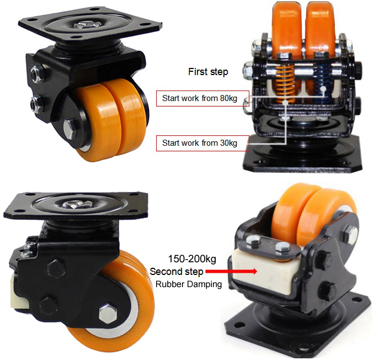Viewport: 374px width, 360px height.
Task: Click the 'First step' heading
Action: tap(208, 72)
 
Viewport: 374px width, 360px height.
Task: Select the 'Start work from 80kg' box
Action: tap(203, 98)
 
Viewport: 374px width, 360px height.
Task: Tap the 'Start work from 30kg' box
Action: tap(203, 143)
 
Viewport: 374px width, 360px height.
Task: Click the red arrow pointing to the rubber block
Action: tap(231, 272)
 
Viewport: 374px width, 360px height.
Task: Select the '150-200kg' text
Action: tap(193, 259)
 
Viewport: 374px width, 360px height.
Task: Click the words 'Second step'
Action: tap(177, 272)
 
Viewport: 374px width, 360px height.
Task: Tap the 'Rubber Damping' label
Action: tap(189, 284)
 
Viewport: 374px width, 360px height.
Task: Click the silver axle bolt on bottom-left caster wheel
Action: tap(108, 314)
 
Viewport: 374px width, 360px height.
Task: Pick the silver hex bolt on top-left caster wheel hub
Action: tap(70, 129)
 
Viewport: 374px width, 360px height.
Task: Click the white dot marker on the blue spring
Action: tap(323, 89)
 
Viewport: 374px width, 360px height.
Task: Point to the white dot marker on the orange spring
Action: tap(285, 102)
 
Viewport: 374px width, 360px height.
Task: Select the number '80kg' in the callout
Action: tap(228, 98)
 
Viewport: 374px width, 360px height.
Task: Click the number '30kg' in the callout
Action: tap(228, 143)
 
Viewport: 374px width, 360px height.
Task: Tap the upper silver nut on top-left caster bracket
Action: tap(38, 72)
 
